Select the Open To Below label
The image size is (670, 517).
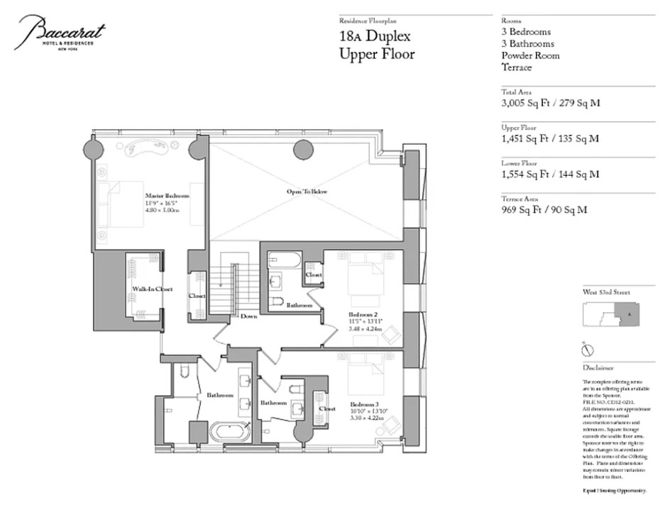point(307,192)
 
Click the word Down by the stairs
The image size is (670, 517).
point(248,316)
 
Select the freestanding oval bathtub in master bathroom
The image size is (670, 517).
point(229,431)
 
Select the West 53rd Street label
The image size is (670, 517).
point(605,292)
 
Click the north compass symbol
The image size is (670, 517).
point(587,349)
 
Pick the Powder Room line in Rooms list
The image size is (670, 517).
point(529,55)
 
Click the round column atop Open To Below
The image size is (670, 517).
point(304,148)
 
